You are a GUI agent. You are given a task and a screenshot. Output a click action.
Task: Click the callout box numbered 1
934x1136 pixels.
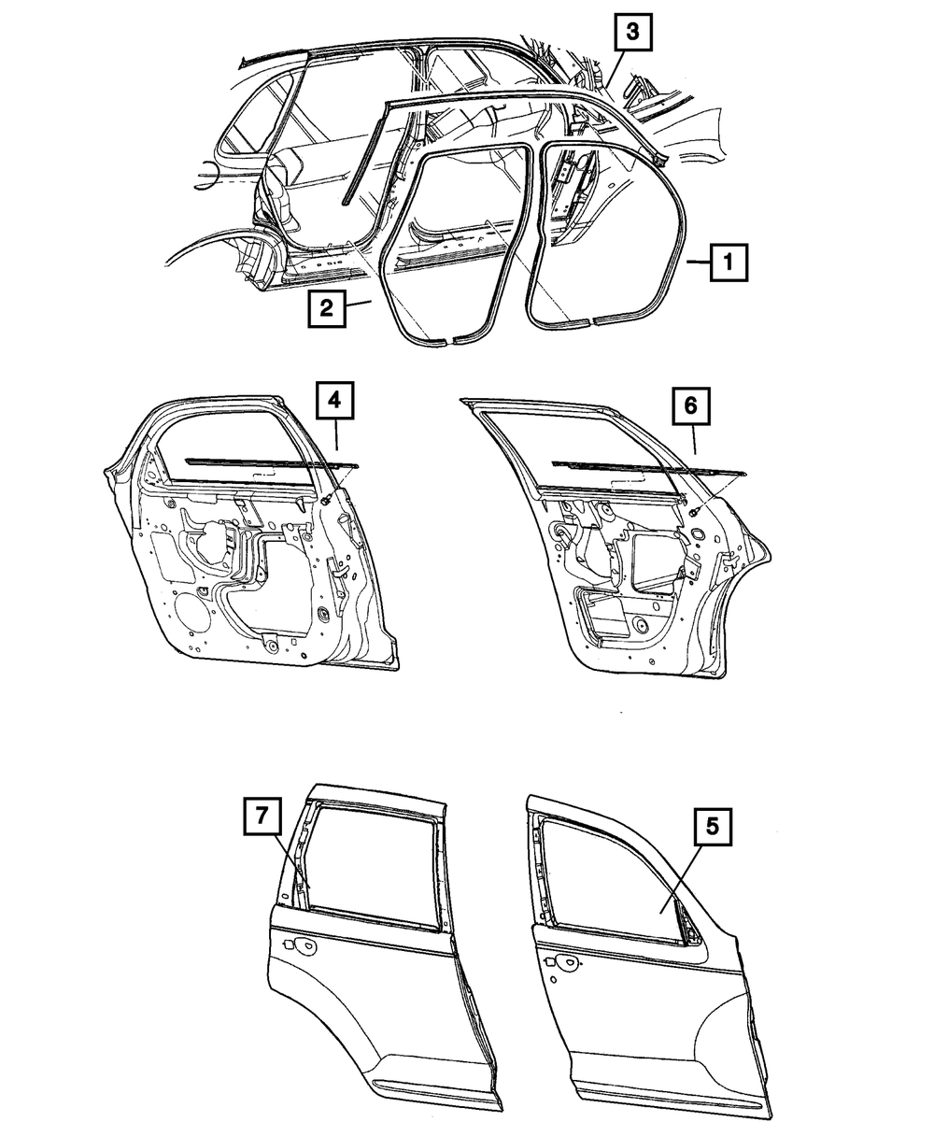click(729, 263)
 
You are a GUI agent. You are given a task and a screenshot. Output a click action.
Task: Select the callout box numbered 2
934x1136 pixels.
click(326, 308)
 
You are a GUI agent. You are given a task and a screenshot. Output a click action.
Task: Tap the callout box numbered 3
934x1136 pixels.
click(633, 32)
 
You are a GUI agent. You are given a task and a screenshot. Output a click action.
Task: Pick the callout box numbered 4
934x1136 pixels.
click(334, 400)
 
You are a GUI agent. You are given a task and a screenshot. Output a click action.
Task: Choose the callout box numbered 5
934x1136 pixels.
click(713, 827)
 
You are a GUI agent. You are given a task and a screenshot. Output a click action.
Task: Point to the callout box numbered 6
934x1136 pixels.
click(691, 405)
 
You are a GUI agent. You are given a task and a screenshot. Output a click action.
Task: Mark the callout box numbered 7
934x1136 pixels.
click(262, 816)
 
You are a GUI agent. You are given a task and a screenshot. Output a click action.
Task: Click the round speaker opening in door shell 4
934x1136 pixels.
click(193, 613)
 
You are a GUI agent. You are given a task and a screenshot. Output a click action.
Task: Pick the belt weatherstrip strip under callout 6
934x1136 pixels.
click(649, 467)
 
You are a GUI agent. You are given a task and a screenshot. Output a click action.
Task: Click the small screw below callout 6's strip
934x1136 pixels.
click(693, 511)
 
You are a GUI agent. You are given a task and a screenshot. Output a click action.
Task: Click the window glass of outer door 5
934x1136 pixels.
click(614, 884)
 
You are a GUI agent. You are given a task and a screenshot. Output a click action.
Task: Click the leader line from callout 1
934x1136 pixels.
click(699, 263)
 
